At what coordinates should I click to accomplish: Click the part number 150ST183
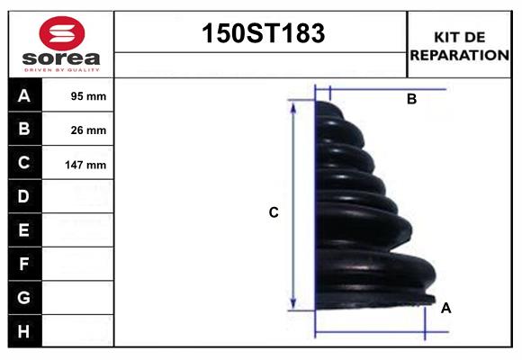[261, 34]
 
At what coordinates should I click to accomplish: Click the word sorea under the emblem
[61, 59]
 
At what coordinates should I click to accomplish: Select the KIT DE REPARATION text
[459, 45]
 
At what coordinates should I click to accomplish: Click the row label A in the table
[24, 95]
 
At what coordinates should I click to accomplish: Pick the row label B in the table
[24, 130]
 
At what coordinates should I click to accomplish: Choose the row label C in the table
[24, 164]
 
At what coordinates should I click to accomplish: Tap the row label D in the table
[24, 196]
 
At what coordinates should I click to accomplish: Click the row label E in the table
[24, 230]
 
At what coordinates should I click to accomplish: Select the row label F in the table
[24, 265]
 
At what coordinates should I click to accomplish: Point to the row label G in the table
[24, 298]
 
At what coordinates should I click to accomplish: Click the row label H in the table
[24, 332]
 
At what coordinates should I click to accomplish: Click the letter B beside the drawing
[411, 100]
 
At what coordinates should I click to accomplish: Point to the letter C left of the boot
[274, 213]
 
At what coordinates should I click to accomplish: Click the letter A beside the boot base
[445, 309]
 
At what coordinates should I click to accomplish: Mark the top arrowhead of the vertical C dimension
[293, 104]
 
